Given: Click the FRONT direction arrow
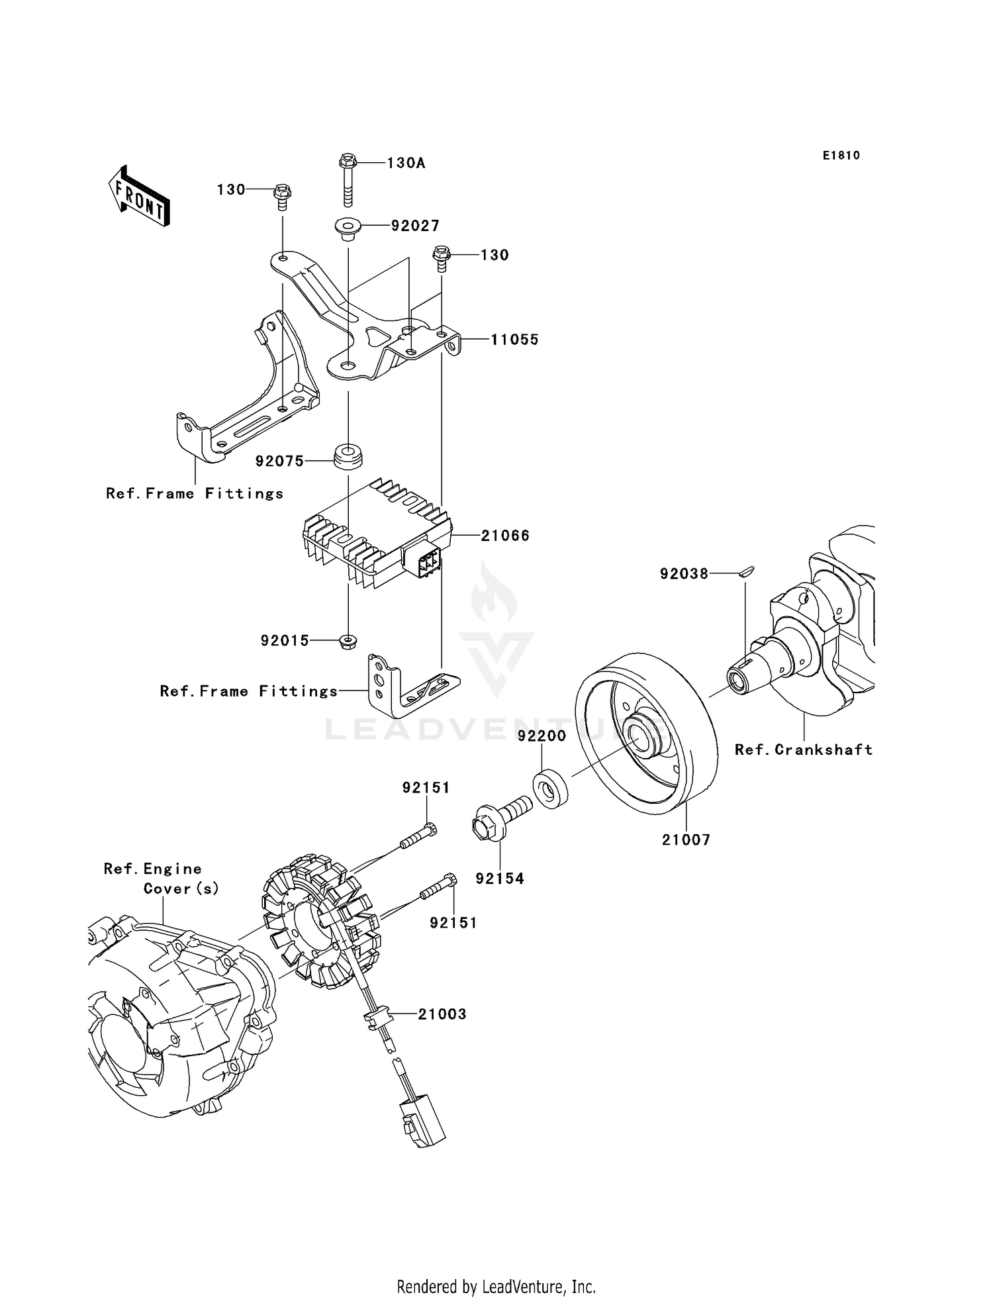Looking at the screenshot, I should click(140, 197).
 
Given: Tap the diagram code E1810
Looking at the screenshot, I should click(841, 156).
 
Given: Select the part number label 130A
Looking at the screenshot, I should click(405, 163).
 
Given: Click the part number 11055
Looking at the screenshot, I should click(514, 340).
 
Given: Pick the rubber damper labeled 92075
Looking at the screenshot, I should click(348, 456).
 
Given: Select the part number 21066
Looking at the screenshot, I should click(504, 536).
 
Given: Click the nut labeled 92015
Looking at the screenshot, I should click(347, 641).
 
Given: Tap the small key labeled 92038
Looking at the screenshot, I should click(745, 573).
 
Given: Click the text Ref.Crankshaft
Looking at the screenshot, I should click(803, 749).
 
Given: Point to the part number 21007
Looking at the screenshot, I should click(686, 840).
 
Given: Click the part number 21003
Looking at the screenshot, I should click(442, 1014).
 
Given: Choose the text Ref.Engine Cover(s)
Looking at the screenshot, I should click(159, 879).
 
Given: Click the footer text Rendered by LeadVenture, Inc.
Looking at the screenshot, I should click(496, 1287).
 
